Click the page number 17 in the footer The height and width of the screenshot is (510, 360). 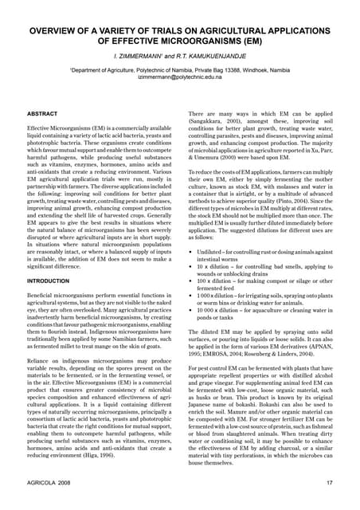click(328, 484)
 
